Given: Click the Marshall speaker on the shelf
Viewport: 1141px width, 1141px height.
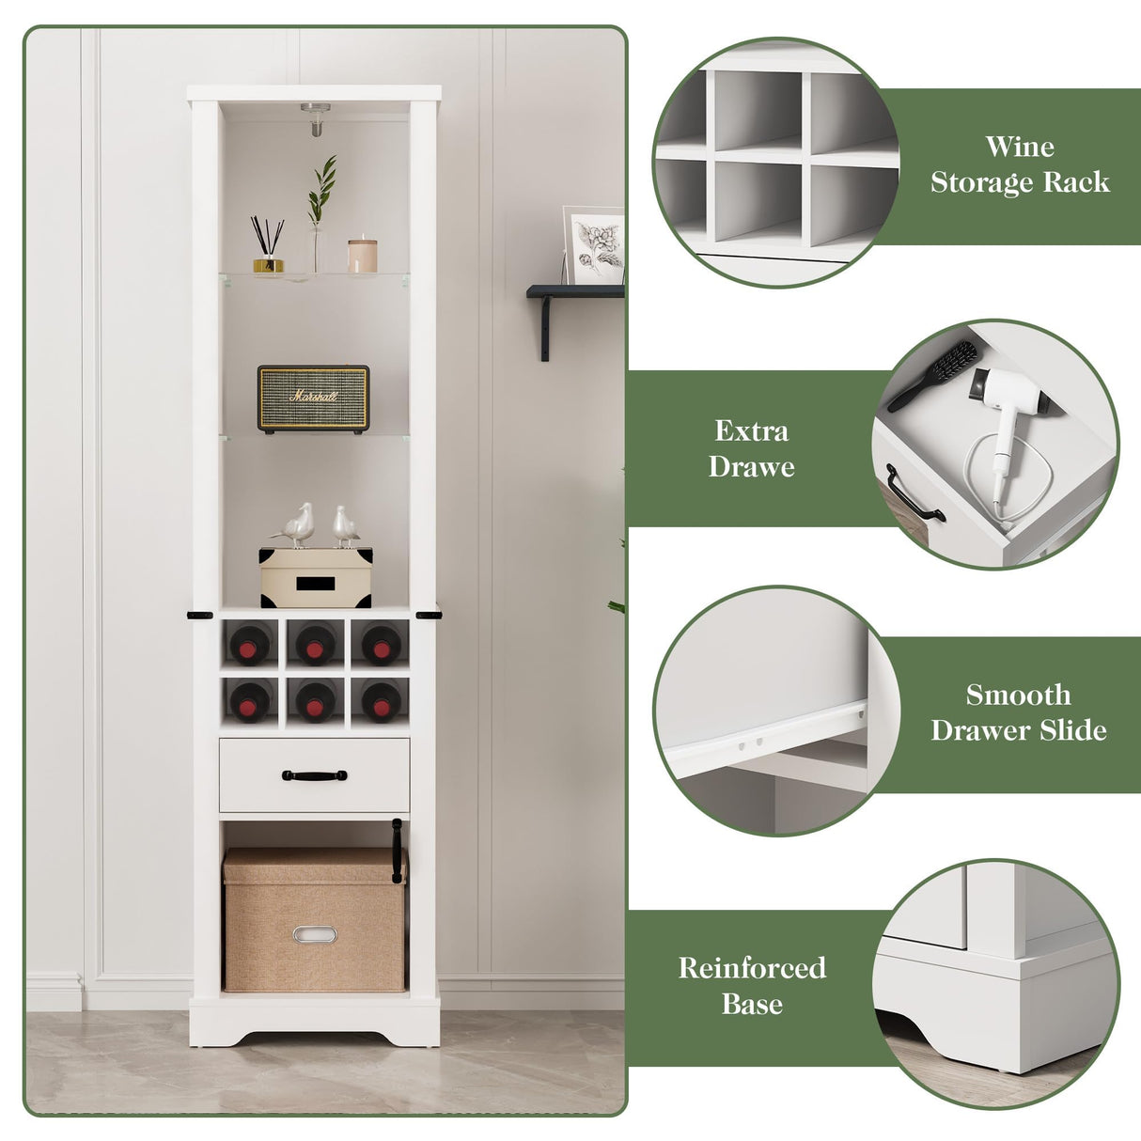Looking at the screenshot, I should tap(313, 399).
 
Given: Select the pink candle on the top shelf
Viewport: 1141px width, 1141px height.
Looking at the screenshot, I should tap(362, 256).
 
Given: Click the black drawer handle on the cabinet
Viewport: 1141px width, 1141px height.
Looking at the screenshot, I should tap(314, 775).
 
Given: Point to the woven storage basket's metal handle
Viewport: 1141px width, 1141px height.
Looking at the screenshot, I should tap(314, 934).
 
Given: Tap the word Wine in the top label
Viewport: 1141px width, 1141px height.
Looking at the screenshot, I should tap(1020, 147).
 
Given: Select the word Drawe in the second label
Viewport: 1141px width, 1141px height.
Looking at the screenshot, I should tap(751, 467).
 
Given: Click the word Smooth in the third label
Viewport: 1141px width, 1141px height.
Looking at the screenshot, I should tap(1018, 695).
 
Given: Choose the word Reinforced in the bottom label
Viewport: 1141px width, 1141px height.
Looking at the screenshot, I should tap(752, 968).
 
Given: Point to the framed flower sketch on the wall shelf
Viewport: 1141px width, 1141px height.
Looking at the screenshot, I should tap(595, 244).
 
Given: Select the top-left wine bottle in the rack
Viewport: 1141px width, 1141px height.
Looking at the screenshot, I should tap(250, 645).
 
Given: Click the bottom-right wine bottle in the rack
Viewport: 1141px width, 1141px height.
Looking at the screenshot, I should tap(381, 701).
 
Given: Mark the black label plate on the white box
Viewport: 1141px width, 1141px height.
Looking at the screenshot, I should tap(315, 584).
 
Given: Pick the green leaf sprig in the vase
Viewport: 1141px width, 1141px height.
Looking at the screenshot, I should tap(322, 188).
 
